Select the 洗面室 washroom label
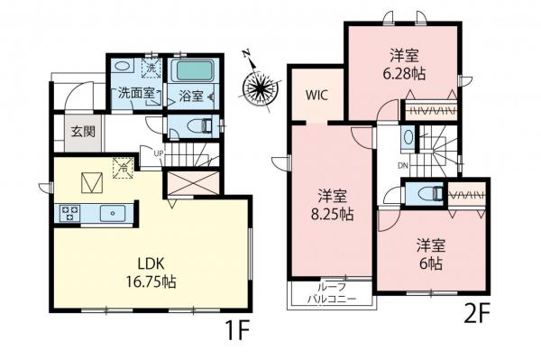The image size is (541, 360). coord(134,93)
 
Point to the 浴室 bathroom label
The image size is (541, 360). coord(189,93)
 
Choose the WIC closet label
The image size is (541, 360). coord(316,93)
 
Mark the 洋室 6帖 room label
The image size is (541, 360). coord(429,254)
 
